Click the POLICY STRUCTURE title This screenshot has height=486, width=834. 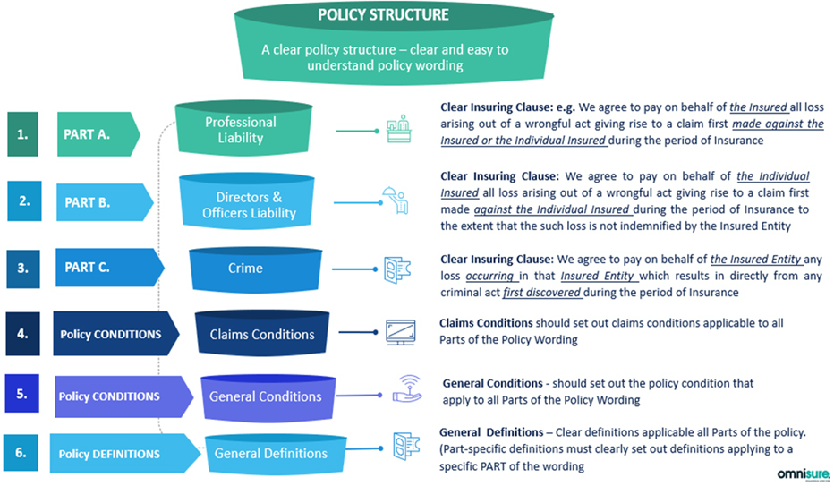(383, 15)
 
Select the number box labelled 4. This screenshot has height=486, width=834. (23, 334)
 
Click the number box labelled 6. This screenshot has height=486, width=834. (23, 453)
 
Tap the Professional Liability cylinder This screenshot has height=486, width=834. (241, 131)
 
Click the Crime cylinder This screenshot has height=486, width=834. (245, 269)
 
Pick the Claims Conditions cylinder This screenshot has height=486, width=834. (261, 334)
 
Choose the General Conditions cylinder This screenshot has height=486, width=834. (265, 396)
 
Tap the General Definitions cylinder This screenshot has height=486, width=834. (270, 453)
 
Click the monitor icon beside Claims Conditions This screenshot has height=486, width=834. (400, 332)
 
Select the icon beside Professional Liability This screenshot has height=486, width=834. (399, 131)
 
